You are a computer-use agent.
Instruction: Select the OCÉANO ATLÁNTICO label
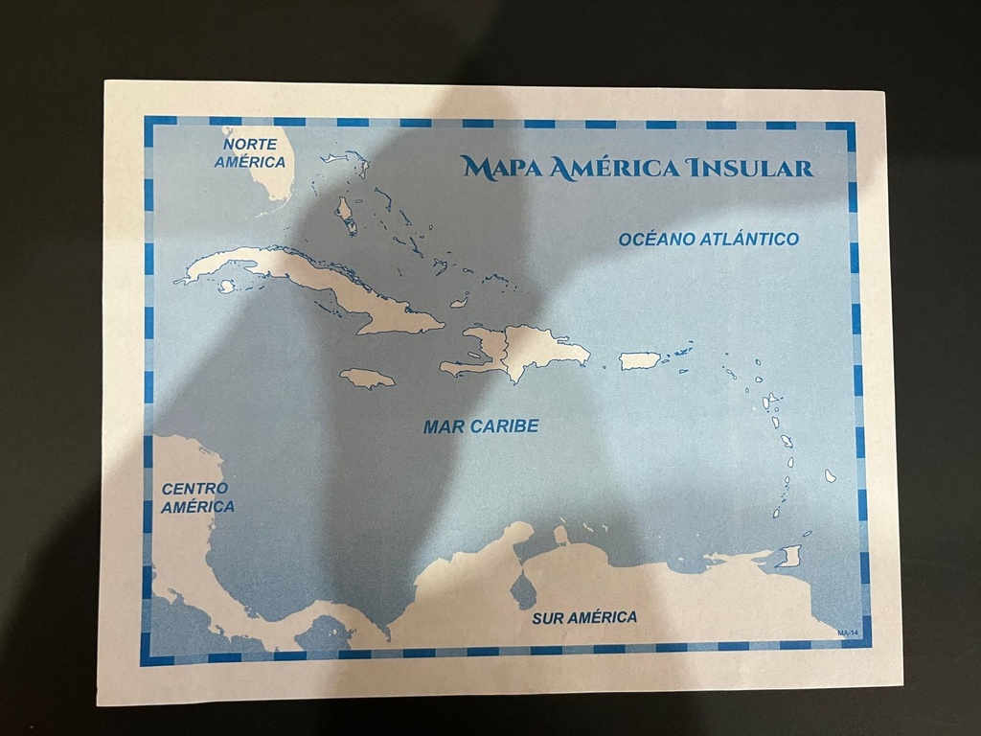click(708, 239)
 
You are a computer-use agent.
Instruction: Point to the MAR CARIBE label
click(481, 426)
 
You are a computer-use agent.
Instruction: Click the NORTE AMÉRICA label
click(250, 152)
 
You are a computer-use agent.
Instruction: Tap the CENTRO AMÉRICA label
click(196, 497)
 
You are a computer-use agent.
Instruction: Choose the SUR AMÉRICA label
click(584, 617)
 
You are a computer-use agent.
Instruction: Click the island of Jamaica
click(367, 379)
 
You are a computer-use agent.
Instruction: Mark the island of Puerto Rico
click(639, 360)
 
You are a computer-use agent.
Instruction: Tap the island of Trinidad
click(790, 556)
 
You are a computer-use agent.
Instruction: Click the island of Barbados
click(830, 475)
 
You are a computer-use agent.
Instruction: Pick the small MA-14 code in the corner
click(849, 633)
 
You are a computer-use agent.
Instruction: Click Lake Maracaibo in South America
click(522, 589)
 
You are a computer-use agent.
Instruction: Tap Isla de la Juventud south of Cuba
click(227, 286)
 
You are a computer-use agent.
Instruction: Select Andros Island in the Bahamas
click(345, 216)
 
